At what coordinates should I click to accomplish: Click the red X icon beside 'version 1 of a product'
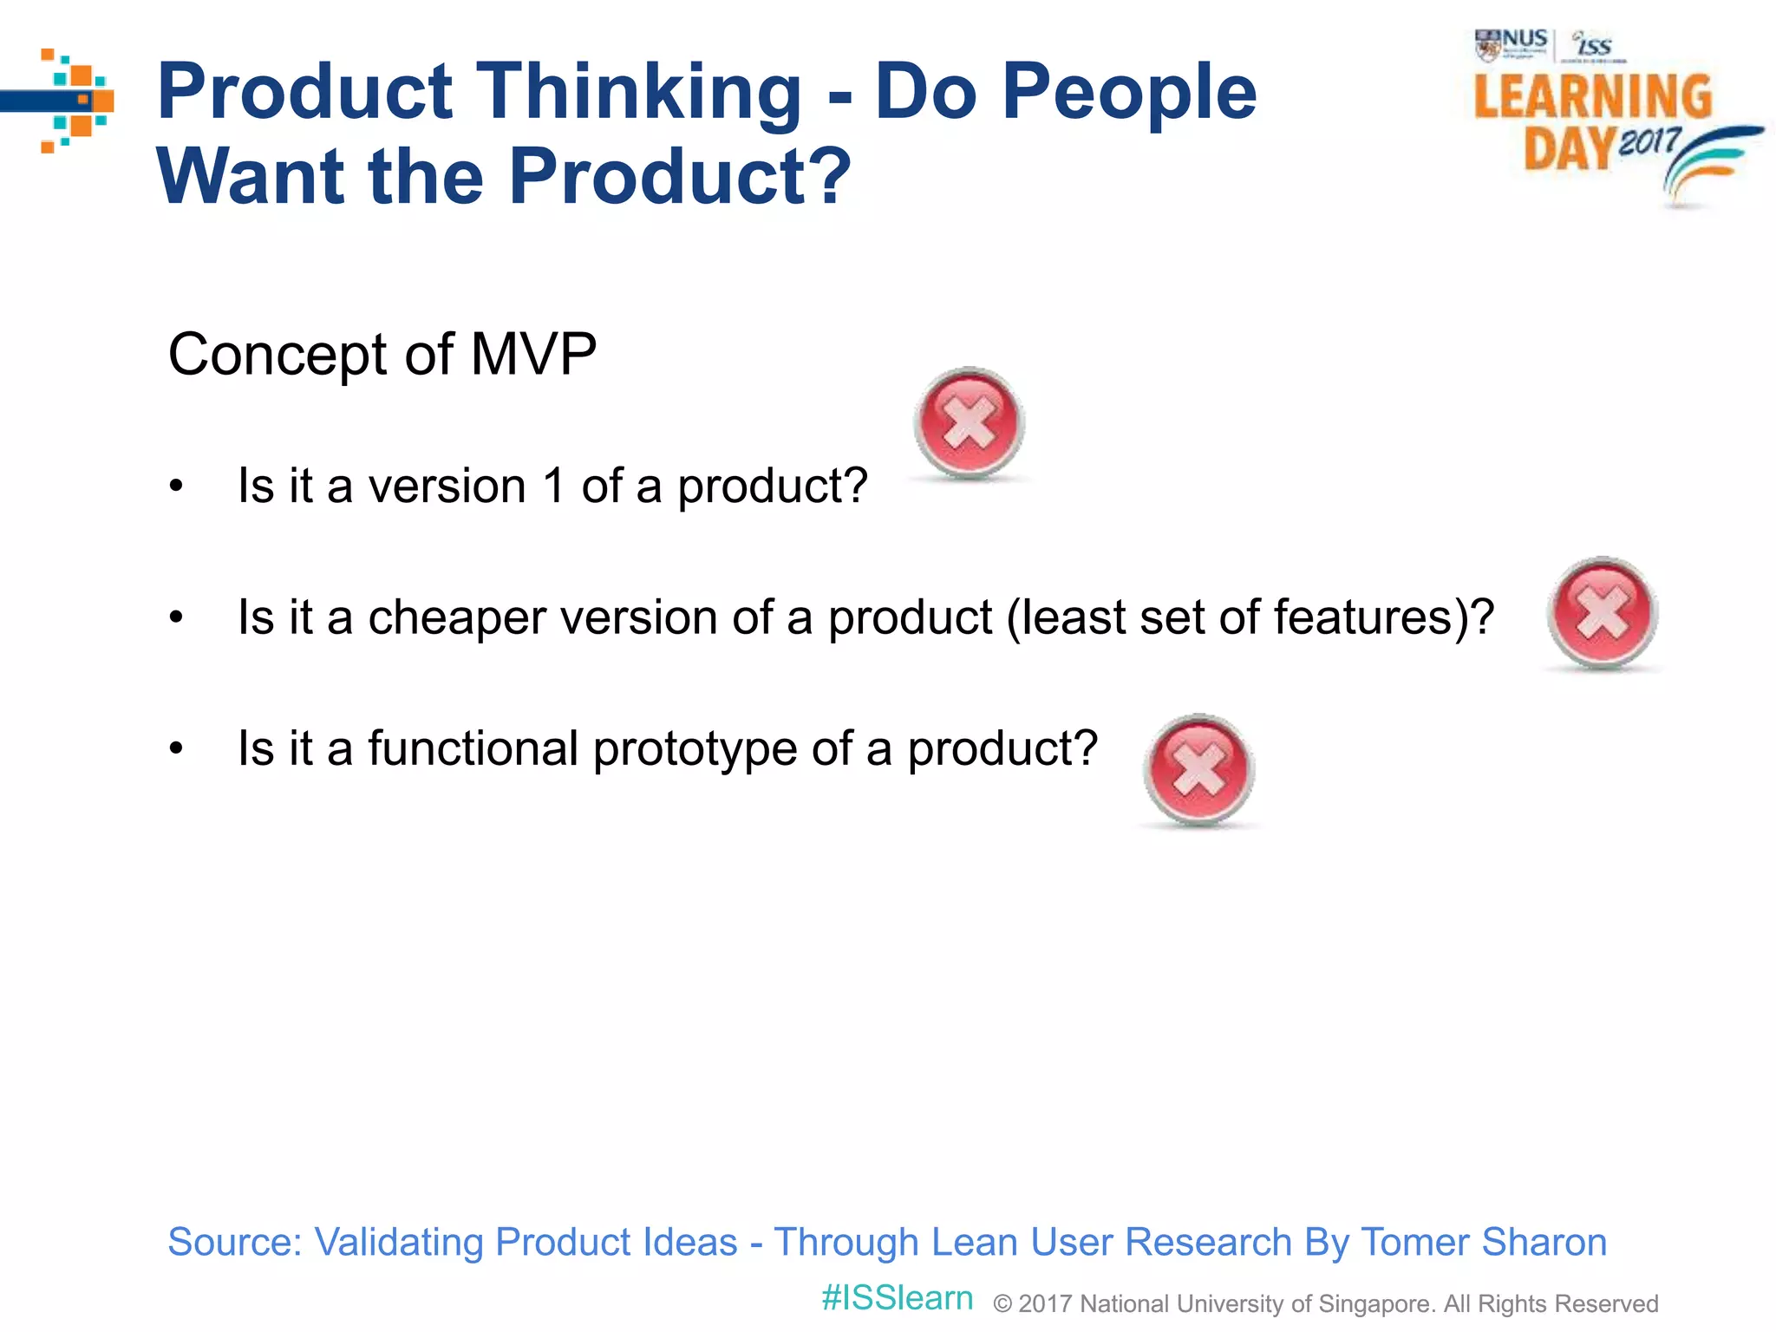(969, 423)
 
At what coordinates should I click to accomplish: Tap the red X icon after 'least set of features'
(1602, 613)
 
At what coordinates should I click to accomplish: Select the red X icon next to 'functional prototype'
(1198, 769)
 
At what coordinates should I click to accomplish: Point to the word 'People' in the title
(1129, 92)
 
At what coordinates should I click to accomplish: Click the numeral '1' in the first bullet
(555, 486)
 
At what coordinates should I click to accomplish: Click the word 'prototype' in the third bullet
(695, 749)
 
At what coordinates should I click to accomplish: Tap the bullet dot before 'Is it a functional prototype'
(177, 748)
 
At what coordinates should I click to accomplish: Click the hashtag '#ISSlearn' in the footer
(897, 1298)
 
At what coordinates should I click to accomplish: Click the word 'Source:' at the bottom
(234, 1242)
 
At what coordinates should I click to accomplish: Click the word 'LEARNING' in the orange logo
(1592, 97)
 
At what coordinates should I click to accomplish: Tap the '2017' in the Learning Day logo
(1649, 140)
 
